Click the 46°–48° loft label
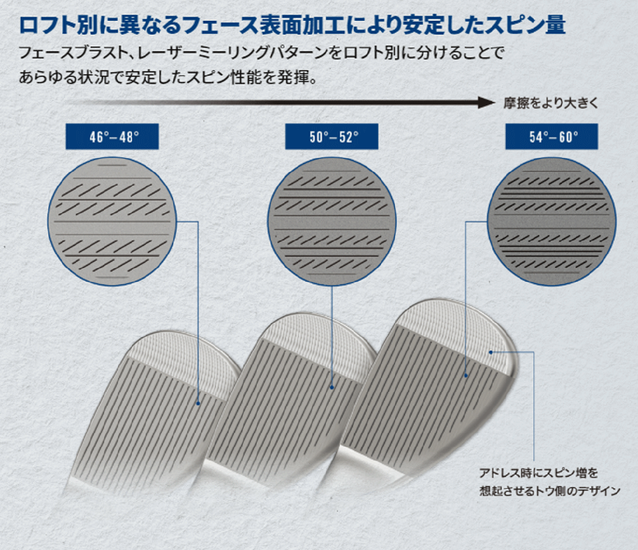[112, 137]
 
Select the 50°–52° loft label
[332, 137]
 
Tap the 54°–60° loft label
[551, 137]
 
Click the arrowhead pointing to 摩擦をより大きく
[486, 103]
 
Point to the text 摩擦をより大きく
[551, 103]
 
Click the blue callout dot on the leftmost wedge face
[198, 403]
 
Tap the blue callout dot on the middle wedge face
[332, 387]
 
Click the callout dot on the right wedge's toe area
[490, 352]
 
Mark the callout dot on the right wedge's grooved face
[466, 376]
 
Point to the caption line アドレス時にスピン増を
[539, 473]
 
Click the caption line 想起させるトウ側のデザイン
[550, 491]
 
